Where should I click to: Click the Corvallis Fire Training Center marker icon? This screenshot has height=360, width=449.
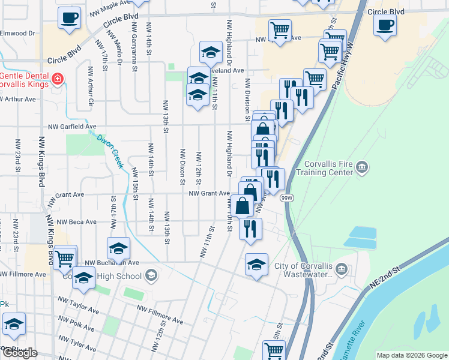pos(361,166)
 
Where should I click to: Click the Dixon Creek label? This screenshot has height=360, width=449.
pos(110,150)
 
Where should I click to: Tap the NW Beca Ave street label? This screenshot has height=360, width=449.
pos(74,221)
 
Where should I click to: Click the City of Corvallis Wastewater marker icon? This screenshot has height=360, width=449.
pos(342,267)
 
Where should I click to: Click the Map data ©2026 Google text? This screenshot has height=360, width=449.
pos(411,355)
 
